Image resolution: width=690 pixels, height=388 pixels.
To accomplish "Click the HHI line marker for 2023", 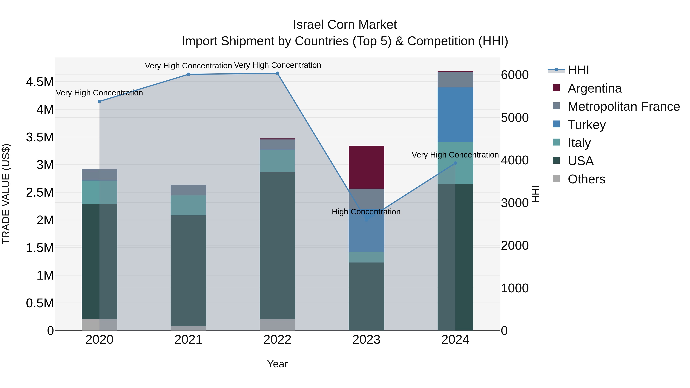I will tap(366, 220).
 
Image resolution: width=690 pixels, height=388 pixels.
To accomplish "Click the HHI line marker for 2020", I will tap(99, 101).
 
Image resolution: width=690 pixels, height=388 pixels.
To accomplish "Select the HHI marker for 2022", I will tap(277, 73).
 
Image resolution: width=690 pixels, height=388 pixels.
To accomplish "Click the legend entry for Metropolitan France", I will tap(623, 107).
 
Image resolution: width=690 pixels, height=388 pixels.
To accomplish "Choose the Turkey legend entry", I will tap(587, 125).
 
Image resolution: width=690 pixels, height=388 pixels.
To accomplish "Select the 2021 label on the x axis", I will tap(188, 340).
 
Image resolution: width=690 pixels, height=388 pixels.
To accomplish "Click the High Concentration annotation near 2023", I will tap(366, 212).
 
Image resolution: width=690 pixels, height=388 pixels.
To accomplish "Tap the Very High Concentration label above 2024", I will tap(455, 155).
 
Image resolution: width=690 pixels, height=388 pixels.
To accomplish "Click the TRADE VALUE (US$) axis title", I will tap(6, 194).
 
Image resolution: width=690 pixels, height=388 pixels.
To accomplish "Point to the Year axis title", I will tap(277, 364).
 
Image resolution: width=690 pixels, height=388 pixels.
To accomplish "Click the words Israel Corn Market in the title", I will tap(345, 25).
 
